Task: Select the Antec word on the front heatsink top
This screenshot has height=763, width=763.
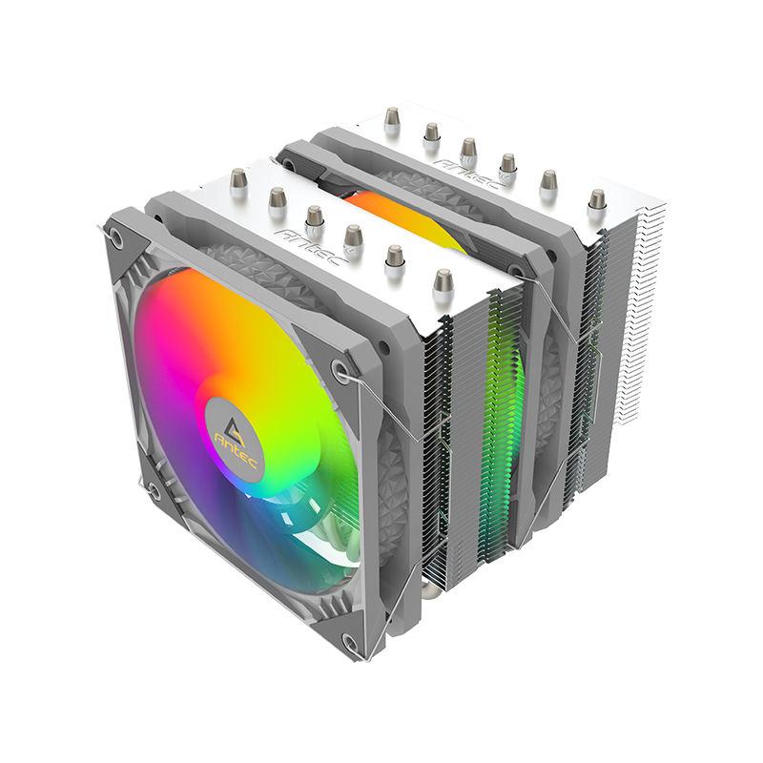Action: tap(312, 246)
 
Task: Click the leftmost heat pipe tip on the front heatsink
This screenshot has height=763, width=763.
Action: tap(238, 181)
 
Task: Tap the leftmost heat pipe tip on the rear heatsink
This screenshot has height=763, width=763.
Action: tap(391, 119)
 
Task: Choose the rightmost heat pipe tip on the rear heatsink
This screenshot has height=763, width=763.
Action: tap(596, 203)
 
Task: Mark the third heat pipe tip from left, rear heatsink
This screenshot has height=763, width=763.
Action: tap(467, 151)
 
